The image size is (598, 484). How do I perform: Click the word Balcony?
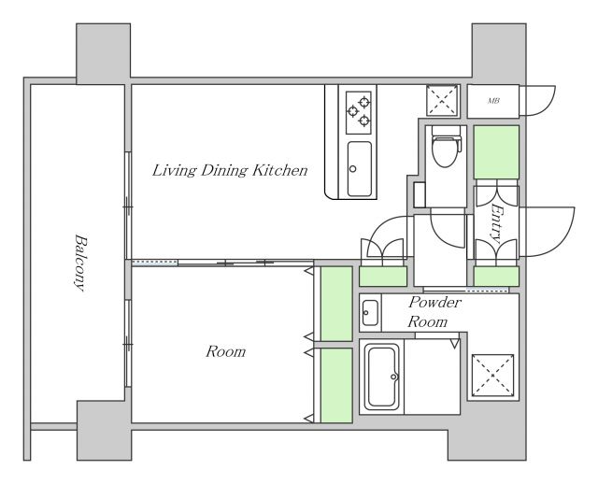[81, 263]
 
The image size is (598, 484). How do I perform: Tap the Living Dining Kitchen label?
[230, 170]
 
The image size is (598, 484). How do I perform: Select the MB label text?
[493, 101]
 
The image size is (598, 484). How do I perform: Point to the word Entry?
[496, 223]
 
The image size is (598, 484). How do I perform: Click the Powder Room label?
[434, 312]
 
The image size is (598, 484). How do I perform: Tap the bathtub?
[382, 376]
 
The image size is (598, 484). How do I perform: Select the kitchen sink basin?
[359, 169]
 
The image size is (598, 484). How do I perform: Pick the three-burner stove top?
[359, 112]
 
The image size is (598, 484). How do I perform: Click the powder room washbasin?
[370, 313]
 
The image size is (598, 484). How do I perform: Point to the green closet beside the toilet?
[496, 152]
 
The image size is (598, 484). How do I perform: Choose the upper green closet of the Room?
[336, 304]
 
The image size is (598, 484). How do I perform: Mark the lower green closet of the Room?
[336, 385]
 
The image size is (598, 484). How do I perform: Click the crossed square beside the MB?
[442, 100]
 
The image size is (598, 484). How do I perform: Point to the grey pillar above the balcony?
[104, 53]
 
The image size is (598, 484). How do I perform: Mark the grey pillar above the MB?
[499, 53]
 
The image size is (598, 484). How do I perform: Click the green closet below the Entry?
[496, 277]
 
